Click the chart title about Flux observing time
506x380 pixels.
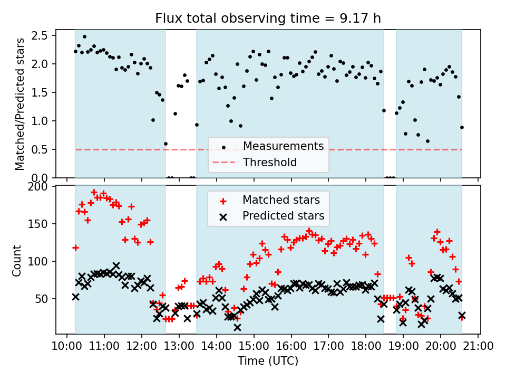click(268, 19)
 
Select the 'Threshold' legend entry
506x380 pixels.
click(270, 163)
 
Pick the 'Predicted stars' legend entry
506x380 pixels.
click(283, 216)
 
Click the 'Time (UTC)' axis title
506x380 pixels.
click(268, 361)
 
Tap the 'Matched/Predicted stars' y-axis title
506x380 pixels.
click(20, 104)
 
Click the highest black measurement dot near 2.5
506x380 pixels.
click(84, 37)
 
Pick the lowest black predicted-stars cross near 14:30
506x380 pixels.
click(237, 327)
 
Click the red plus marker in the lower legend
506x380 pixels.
click(223, 201)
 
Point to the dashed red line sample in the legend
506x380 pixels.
click(223, 163)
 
